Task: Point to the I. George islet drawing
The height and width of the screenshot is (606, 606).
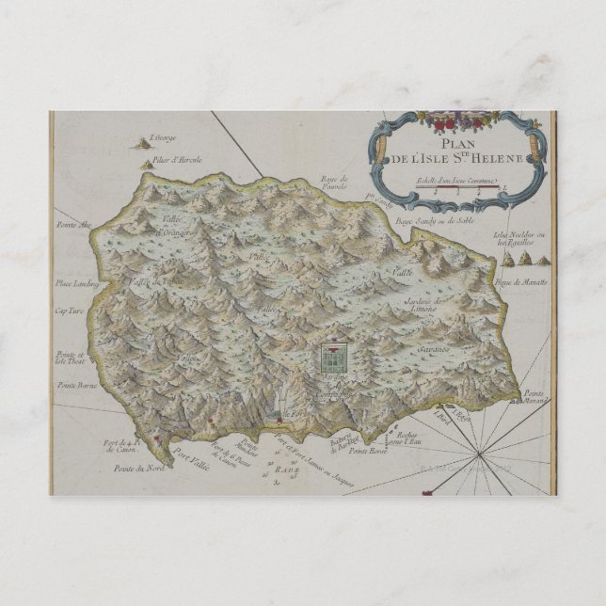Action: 144,144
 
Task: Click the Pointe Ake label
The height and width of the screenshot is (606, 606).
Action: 72,225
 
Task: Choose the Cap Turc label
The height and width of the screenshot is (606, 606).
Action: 70,311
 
